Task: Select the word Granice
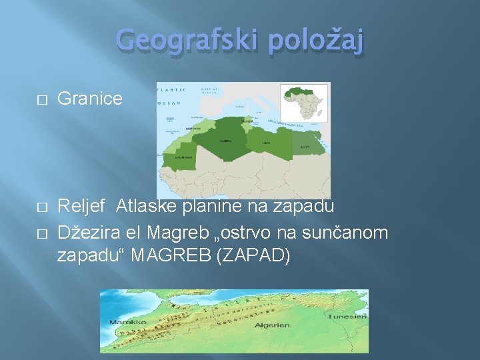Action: point(90,99)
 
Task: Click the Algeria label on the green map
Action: point(225,141)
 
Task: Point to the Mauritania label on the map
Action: point(184,158)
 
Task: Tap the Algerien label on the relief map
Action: point(273,325)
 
